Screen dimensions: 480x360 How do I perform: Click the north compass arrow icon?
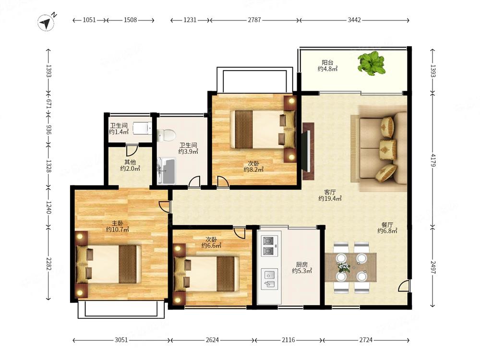click(46, 23)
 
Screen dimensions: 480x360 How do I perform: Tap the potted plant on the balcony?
click(372, 63)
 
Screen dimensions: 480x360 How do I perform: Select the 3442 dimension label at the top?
click(354, 20)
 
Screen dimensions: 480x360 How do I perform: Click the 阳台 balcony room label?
click(327, 62)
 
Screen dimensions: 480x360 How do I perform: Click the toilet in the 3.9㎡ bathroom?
click(166, 134)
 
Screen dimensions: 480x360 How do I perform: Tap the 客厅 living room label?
click(330, 192)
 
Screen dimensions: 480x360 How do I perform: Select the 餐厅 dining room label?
click(387, 225)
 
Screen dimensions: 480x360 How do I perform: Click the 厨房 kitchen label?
click(302, 264)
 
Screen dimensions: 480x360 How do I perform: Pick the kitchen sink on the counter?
click(270, 278)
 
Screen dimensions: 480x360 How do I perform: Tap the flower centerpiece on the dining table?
click(344, 267)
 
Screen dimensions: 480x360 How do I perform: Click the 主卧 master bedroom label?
click(117, 223)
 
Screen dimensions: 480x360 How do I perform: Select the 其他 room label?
click(130, 162)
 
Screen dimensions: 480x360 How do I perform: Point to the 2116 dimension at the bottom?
click(288, 340)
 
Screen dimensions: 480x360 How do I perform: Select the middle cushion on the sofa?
click(388, 150)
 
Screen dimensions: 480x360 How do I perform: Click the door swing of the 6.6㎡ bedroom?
click(240, 233)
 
